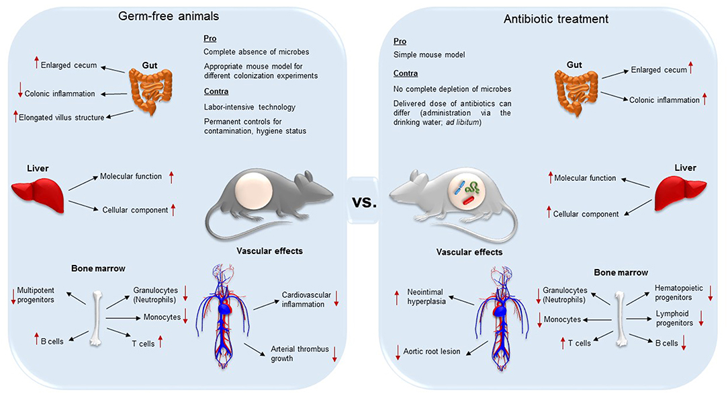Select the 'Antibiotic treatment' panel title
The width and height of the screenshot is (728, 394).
[556, 19]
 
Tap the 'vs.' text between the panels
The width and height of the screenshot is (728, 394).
[364, 201]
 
